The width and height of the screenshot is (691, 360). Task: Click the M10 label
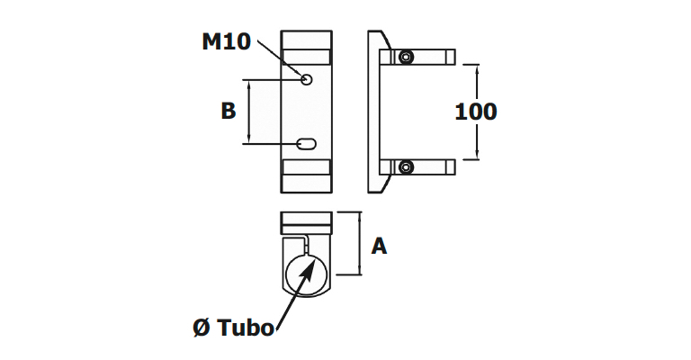pyautogui.click(x=226, y=42)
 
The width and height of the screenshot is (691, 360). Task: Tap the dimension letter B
pyautogui.click(x=229, y=111)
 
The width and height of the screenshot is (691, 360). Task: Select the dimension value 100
pyautogui.click(x=475, y=112)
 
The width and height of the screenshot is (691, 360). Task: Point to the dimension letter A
pyautogui.click(x=379, y=246)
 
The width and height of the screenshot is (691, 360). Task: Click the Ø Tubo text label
pyautogui.click(x=233, y=328)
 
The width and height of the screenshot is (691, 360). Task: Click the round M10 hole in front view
pyautogui.click(x=307, y=79)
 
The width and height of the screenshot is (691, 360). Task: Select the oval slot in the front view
pyautogui.click(x=307, y=144)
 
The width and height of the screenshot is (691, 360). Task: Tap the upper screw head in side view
pyautogui.click(x=406, y=57)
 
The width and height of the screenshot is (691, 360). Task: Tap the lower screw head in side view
pyautogui.click(x=406, y=166)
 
